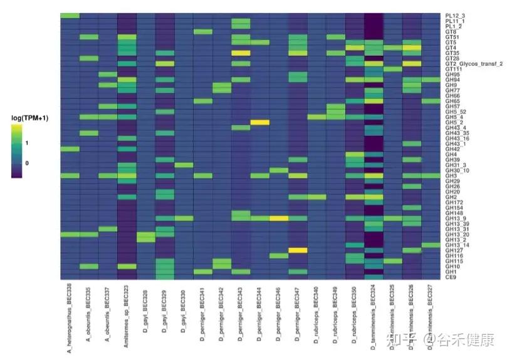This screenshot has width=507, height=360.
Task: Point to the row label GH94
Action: (452, 80)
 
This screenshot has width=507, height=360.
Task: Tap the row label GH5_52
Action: (456, 111)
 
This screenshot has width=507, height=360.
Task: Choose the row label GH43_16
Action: (457, 138)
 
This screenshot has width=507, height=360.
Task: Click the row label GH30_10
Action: (457, 170)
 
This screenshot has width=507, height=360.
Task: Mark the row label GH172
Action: (454, 202)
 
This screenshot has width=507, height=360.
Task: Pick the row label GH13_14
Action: (457, 245)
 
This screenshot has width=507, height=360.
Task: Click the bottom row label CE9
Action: (451, 277)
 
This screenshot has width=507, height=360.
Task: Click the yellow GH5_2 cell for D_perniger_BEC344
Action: (259, 122)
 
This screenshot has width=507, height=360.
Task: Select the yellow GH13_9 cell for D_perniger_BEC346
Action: (279, 218)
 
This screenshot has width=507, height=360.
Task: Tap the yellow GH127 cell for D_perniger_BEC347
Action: (298, 250)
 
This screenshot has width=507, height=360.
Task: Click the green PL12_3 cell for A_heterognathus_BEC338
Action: (70, 16)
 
